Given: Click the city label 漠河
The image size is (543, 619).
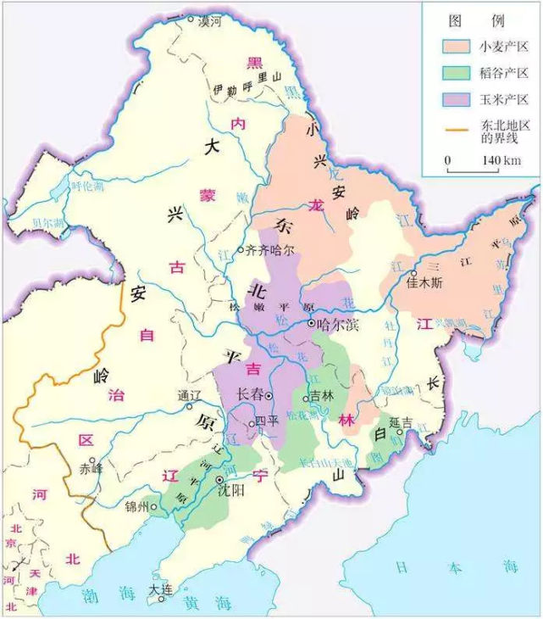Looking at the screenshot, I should [209, 22].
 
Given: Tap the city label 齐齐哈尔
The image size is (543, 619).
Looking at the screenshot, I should [269, 250].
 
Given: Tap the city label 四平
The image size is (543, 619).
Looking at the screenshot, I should [267, 421].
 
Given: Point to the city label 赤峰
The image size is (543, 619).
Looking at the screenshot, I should [90, 468].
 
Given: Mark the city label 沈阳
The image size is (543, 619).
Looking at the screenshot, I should [230, 490].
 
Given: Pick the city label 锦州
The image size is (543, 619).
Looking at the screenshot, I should [136, 507].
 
